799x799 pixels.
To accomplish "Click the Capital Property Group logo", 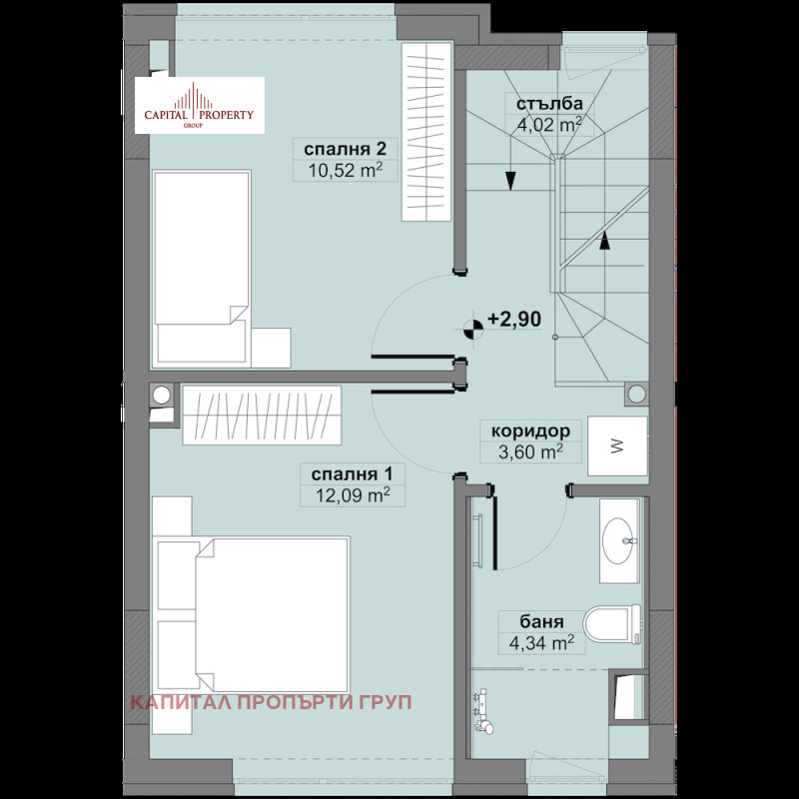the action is (199, 106).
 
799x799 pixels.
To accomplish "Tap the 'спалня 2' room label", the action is (345, 149).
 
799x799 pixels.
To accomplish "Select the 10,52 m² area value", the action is (345, 170).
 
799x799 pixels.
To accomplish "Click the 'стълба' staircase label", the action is (549, 104).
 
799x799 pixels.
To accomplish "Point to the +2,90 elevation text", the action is (514, 319).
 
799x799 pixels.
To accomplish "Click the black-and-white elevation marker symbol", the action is (473, 330).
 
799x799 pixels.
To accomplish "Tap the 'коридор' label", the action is (530, 431).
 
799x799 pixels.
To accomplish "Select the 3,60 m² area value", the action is (530, 452).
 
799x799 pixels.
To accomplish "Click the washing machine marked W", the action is (617, 446).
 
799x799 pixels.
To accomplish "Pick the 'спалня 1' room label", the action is (353, 474).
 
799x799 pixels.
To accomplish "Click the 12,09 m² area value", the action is (353, 494).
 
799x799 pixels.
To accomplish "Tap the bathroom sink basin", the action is (619, 541).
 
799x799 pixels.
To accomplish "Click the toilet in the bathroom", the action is (612, 623).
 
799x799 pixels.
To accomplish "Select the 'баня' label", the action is (541, 621).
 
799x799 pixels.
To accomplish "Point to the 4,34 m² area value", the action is (541, 643).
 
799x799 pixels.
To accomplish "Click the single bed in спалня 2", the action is (202, 268).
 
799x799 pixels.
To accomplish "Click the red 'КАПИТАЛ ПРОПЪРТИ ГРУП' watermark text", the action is (271, 702).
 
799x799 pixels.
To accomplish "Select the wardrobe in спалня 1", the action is (262, 414).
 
